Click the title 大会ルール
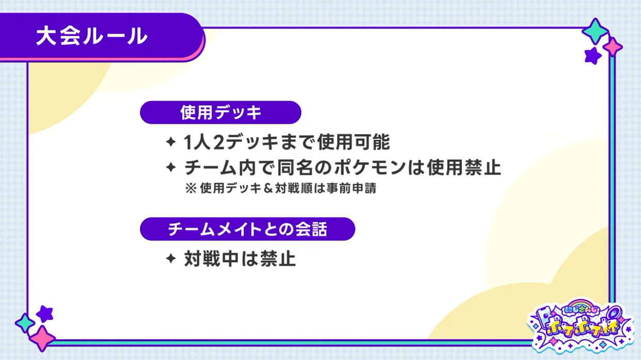pos(91,36)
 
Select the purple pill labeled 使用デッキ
pos(220,112)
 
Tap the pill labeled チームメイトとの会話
pos(248,229)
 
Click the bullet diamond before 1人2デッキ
pos(171,142)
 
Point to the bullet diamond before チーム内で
pos(171,167)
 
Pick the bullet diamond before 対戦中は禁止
pos(171,258)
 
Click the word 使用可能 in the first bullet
pos(354,142)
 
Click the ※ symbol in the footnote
pos(191,188)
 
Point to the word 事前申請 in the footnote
pos(351,188)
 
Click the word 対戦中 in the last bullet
pos(211,258)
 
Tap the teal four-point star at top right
pos(596,31)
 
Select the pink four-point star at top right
pos(613,46)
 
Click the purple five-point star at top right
pos(592,56)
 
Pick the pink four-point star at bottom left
pos(42,338)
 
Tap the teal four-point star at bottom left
pos(25,323)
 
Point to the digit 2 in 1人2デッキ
pos(219,142)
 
